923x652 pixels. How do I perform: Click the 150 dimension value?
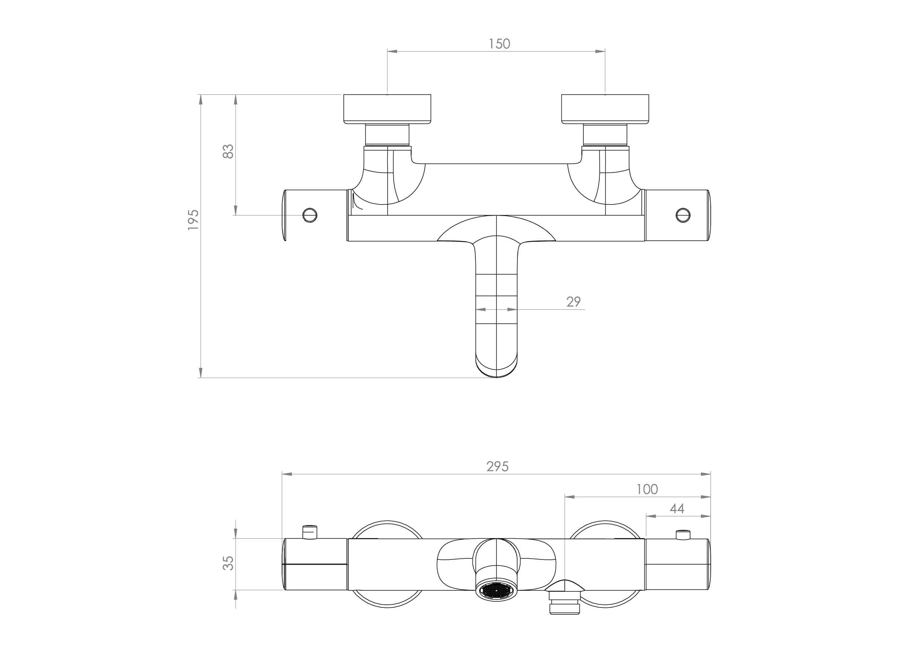(499, 44)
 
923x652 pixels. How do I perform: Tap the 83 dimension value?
(228, 151)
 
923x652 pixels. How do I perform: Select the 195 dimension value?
(193, 219)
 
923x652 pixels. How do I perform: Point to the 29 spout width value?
(573, 302)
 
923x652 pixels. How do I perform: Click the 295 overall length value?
(497, 467)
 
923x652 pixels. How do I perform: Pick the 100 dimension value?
(647, 489)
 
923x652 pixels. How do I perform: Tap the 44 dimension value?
(677, 509)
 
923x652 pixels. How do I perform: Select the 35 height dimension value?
(228, 563)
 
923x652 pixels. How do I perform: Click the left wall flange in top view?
(387, 109)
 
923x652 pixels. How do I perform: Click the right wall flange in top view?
(605, 109)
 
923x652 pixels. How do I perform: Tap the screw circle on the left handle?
(310, 215)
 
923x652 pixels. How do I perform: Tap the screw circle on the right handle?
(683, 215)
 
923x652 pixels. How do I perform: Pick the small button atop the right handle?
(683, 535)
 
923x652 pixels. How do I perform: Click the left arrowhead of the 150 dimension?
(392, 51)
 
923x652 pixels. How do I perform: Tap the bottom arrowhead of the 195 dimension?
(201, 373)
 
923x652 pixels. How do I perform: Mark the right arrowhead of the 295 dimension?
(705, 474)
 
